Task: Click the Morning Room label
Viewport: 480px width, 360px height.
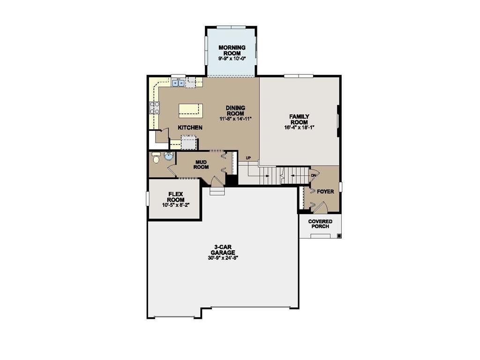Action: [232, 50]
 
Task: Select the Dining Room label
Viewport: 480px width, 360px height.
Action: [235, 111]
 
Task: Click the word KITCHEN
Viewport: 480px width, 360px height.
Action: [190, 127]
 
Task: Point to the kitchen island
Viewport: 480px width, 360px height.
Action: [190, 110]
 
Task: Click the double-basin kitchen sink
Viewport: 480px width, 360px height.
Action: [178, 83]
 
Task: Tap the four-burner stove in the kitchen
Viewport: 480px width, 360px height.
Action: [154, 107]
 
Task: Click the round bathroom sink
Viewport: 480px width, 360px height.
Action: [169, 157]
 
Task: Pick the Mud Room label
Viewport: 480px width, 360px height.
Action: [201, 165]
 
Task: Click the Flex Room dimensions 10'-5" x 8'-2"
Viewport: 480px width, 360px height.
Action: [176, 205]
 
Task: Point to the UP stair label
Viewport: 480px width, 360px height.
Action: [248, 158]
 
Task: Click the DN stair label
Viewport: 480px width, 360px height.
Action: [314, 176]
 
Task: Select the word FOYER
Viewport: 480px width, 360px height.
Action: [325, 192]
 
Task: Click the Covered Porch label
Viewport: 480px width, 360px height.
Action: [320, 224]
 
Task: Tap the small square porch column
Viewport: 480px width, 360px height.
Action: [339, 235]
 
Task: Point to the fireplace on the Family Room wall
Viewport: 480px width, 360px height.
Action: [338, 121]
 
